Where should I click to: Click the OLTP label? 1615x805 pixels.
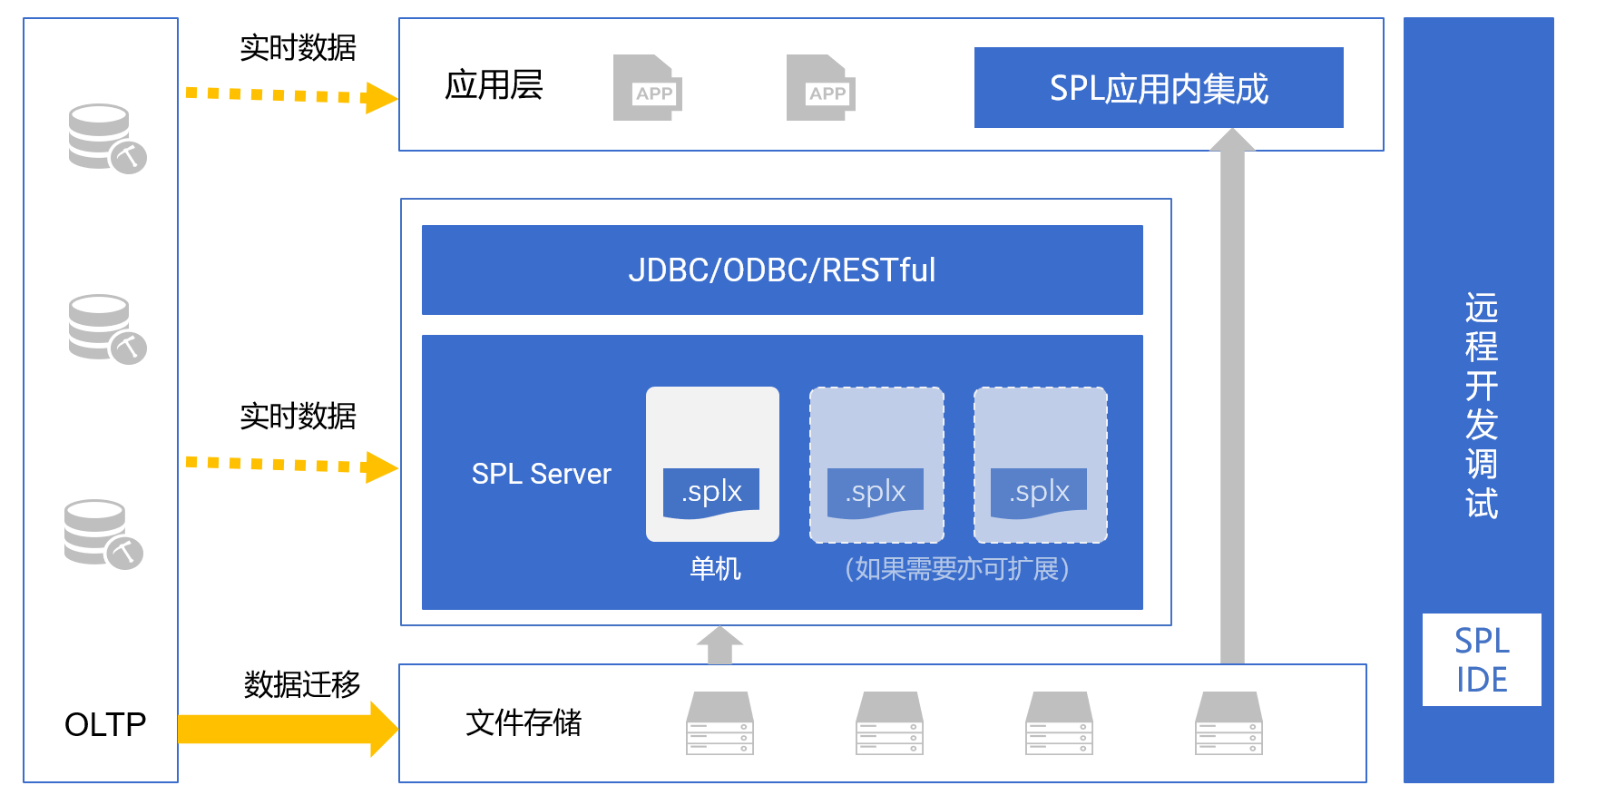click(105, 724)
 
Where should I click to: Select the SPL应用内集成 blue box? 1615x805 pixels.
click(1158, 88)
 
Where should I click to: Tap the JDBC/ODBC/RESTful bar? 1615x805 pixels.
click(781, 270)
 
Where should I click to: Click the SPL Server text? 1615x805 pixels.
click(541, 474)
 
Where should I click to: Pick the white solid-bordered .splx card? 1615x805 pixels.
click(712, 464)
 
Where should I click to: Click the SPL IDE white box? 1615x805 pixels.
click(1481, 660)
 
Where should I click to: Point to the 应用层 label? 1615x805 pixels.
click(494, 85)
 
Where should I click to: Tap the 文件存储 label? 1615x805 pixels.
click(524, 722)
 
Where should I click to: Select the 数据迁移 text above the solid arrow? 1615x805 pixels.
click(301, 684)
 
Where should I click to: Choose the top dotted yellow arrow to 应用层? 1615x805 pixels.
click(290, 95)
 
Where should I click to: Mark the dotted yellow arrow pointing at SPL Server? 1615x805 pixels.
click(290, 466)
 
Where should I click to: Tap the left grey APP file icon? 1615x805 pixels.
click(647, 88)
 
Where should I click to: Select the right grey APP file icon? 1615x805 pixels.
click(820, 88)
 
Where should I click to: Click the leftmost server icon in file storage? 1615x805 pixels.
click(719, 723)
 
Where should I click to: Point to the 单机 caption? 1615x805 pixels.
click(715, 569)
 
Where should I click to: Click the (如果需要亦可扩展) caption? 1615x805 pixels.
click(956, 569)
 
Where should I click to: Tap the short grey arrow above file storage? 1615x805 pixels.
click(719, 644)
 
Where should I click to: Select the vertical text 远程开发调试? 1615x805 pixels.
click(1481, 406)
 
